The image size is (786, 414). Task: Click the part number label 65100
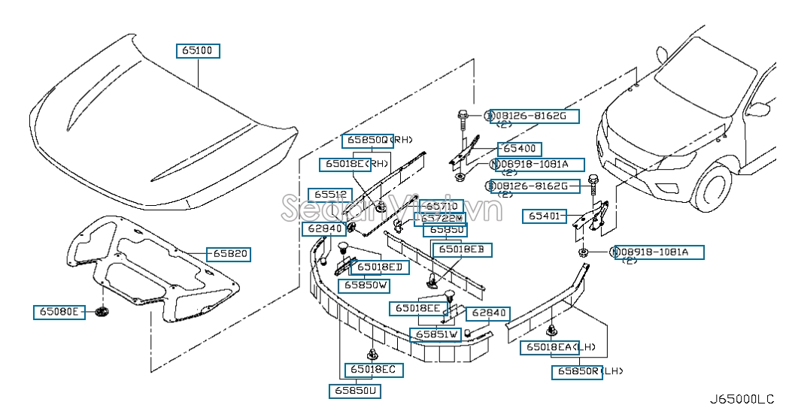click(199, 51)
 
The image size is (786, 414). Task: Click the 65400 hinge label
click(519, 149)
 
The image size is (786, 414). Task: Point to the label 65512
click(329, 195)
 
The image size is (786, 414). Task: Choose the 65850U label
click(354, 390)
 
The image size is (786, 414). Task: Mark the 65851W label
click(435, 334)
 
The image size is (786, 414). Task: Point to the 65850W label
click(366, 286)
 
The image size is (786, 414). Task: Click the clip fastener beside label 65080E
click(102, 311)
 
